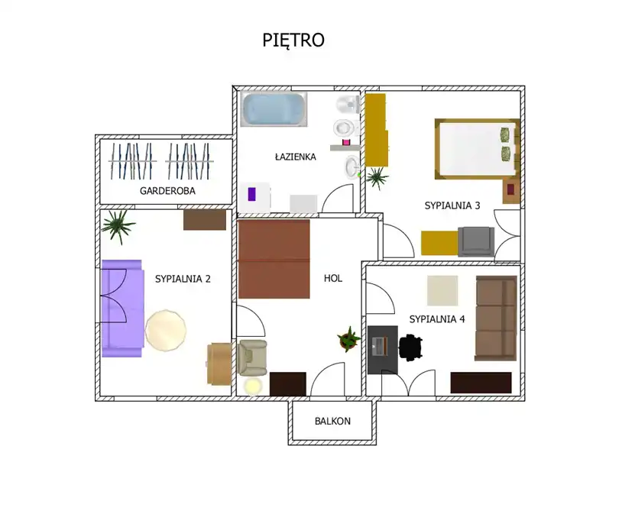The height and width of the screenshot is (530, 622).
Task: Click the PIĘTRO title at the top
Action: click(x=293, y=40)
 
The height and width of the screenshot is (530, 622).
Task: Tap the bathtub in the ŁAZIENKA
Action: click(x=274, y=109)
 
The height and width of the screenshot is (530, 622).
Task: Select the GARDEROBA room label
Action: click(x=167, y=191)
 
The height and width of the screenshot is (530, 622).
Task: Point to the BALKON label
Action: click(x=332, y=421)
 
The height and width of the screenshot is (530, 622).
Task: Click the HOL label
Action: click(x=333, y=278)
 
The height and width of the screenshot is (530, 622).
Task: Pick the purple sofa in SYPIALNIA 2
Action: click(x=122, y=309)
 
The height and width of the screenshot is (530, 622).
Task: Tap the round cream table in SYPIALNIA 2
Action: click(x=165, y=331)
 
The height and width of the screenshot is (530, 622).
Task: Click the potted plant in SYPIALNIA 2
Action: click(x=118, y=226)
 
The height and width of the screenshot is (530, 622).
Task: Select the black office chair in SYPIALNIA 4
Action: click(x=410, y=347)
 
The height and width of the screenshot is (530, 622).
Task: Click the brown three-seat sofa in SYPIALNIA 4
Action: click(x=496, y=318)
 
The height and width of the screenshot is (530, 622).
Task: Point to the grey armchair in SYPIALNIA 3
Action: click(x=476, y=241)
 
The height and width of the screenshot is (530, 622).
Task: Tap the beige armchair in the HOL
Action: click(x=252, y=357)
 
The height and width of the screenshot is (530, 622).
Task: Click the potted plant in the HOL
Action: click(x=349, y=339)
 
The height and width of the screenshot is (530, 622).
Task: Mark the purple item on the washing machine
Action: click(x=251, y=194)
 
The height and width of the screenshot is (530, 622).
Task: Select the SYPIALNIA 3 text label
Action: click(x=452, y=205)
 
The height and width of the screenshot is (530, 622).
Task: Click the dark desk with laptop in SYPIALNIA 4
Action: click(x=382, y=350)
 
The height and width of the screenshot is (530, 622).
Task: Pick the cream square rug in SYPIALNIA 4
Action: click(x=442, y=290)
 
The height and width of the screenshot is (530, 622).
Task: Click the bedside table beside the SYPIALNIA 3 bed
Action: click(x=511, y=192)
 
